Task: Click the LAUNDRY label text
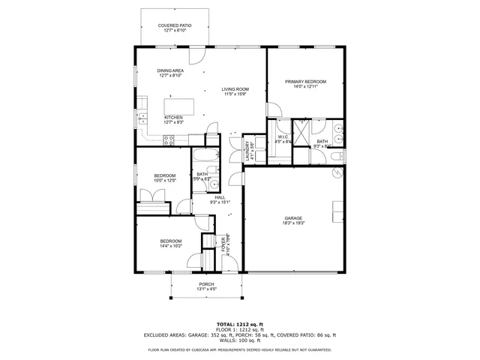tap(247, 150)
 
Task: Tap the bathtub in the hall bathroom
tap(202, 158)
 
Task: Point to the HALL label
tap(219, 197)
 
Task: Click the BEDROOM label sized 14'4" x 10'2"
tap(171, 241)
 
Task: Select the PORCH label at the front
tap(206, 284)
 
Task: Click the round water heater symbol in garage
tap(337, 173)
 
